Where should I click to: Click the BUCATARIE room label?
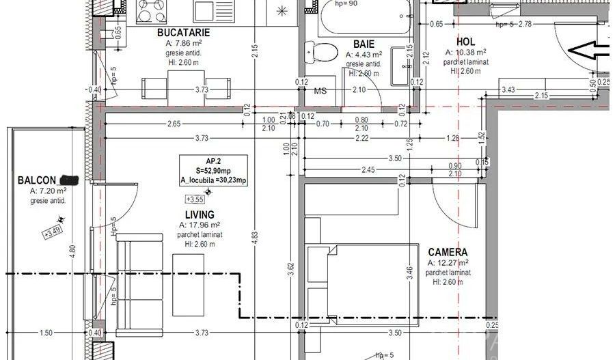click(182, 32)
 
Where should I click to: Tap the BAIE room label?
click(364, 44)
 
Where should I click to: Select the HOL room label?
click(465, 41)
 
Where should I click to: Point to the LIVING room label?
click(199, 214)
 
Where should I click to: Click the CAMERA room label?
click(448, 252)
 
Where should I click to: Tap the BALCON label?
click(37, 180)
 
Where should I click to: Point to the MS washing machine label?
click(320, 91)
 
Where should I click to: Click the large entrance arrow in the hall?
click(590, 50)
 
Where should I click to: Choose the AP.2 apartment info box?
click(214, 170)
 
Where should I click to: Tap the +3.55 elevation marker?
click(195, 199)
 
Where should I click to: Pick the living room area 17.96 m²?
click(200, 225)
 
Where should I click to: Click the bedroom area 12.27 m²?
click(448, 262)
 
